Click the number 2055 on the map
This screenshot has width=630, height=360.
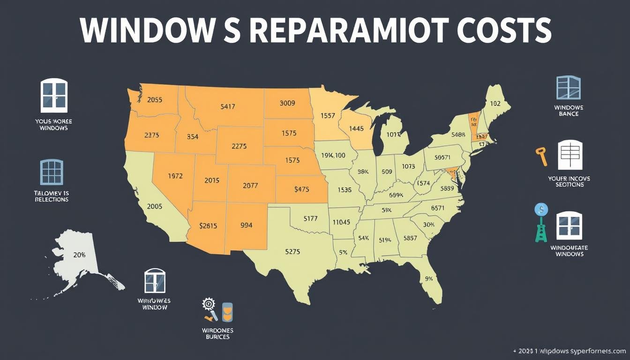[155, 99]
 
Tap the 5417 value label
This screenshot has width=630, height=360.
[227, 106]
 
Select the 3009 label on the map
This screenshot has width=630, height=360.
[287, 103]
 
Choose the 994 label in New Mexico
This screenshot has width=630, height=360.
[246, 225]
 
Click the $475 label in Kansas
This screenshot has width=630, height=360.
[302, 189]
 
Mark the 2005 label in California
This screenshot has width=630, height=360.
[155, 206]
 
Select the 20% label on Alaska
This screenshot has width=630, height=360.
[80, 255]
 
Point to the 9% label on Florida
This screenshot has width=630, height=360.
[428, 278]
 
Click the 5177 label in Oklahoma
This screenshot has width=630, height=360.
[311, 218]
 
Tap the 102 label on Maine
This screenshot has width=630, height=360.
[495, 104]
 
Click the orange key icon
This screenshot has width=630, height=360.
[541, 156]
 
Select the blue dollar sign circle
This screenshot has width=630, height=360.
[541, 209]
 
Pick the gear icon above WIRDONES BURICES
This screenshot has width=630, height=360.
[208, 304]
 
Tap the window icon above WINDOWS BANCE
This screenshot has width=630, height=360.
[568, 87]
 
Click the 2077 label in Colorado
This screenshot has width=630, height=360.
[250, 185]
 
